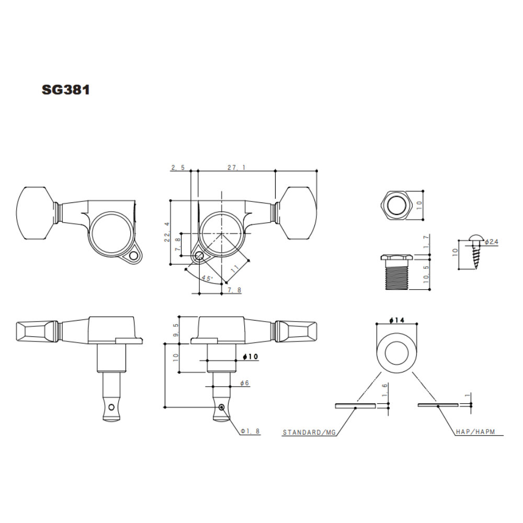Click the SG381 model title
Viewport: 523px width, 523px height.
coord(66,90)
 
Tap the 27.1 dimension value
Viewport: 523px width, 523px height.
coord(236,167)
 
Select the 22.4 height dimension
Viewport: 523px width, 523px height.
coord(167,232)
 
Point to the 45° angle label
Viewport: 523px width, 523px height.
coord(207,278)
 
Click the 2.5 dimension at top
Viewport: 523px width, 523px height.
coord(178,167)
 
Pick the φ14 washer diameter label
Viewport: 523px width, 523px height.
coord(396,320)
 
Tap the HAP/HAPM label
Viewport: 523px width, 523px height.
coord(475,431)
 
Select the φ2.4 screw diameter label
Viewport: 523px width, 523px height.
coord(491,242)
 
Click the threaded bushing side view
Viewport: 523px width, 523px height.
coord(396,271)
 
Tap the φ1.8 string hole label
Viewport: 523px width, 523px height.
coord(250,431)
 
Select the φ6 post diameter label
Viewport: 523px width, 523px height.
coord(245,383)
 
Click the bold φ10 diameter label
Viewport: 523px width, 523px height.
coord(251,357)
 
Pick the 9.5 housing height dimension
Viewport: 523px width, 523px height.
coord(176,329)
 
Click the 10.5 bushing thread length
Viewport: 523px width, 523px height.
coord(426,274)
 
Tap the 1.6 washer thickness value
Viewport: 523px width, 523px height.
coord(385,390)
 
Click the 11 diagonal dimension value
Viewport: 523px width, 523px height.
coord(235,269)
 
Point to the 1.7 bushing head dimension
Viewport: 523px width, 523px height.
coord(426,242)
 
